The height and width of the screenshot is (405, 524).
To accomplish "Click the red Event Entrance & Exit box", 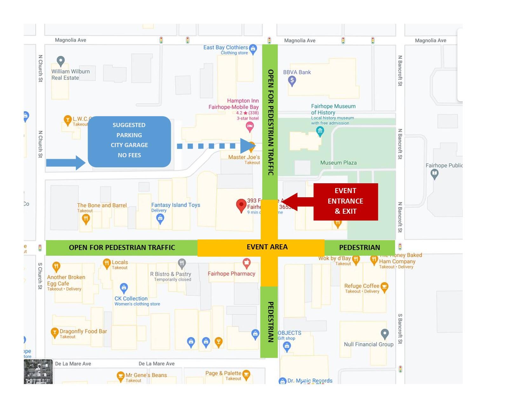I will (x=346, y=201).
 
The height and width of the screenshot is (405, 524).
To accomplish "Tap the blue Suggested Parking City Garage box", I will (x=129, y=141).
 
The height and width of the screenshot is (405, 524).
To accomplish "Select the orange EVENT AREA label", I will (x=267, y=247).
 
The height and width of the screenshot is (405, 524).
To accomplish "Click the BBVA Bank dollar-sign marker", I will (x=292, y=81).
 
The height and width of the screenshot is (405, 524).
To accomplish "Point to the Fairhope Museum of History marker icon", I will (x=320, y=131).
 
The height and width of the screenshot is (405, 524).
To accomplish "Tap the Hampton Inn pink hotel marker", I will (x=250, y=127).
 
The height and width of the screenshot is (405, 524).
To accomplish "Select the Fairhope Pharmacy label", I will (x=232, y=273).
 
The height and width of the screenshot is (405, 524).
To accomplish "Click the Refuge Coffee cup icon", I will (x=384, y=287).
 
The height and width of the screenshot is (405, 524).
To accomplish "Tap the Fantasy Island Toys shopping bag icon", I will (x=160, y=218).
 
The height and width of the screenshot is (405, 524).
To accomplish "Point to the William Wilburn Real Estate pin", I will (x=61, y=61).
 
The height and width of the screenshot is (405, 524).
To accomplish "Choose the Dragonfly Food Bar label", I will (x=83, y=331).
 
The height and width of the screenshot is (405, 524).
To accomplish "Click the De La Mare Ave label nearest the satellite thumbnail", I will (x=73, y=364).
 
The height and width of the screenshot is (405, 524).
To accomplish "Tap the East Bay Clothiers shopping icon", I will (x=253, y=48).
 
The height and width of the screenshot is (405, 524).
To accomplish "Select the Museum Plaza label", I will (x=338, y=163).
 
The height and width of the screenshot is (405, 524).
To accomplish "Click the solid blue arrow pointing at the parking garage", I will (x=66, y=163).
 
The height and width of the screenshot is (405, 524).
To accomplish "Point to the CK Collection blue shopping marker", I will (x=124, y=288).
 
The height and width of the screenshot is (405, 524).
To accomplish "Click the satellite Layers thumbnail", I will (x=38, y=371).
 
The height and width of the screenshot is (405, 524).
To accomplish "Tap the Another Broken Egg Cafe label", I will (x=66, y=280).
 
